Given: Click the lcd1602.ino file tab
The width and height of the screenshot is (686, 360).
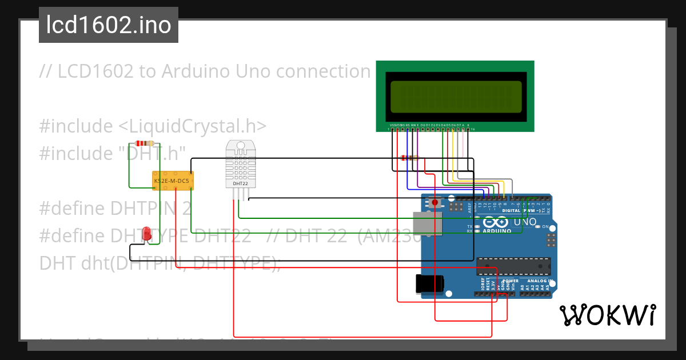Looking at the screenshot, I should pyautogui.click(x=109, y=25).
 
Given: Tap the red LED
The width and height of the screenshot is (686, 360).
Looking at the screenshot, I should pyautogui.click(x=147, y=233).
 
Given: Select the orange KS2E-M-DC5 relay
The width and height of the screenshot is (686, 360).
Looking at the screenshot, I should pyautogui.click(x=173, y=181).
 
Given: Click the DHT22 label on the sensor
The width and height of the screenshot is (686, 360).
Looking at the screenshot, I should pyautogui.click(x=240, y=183).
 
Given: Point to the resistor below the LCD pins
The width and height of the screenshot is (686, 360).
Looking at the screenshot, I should pyautogui.click(x=410, y=158).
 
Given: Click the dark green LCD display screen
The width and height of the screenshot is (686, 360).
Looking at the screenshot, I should pyautogui.click(x=455, y=96).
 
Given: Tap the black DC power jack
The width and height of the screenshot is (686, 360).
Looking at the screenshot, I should pyautogui.click(x=429, y=284).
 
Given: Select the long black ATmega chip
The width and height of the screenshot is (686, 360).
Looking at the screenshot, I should pyautogui.click(x=513, y=266).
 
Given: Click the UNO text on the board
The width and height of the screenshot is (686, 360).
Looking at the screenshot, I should pyautogui.click(x=525, y=222).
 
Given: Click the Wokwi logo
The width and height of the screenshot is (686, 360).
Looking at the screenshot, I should pyautogui.click(x=607, y=315).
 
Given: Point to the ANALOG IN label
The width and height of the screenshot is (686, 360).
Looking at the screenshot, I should pyautogui.click(x=539, y=281).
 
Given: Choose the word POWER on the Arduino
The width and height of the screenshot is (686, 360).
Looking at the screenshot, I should pyautogui.click(x=510, y=281).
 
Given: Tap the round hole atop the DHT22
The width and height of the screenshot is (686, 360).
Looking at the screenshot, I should pyautogui.click(x=240, y=146).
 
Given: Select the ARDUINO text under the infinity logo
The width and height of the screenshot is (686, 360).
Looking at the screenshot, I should pyautogui.click(x=493, y=231).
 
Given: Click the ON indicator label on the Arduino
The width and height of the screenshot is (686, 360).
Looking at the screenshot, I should pyautogui.click(x=545, y=227).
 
